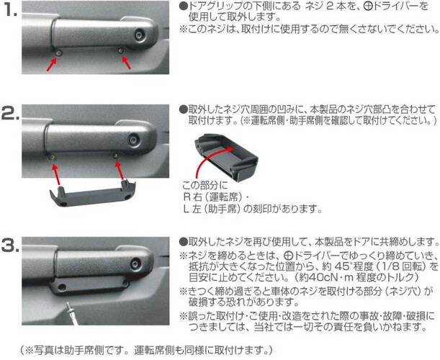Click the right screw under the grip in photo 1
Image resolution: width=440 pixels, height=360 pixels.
point(120,50)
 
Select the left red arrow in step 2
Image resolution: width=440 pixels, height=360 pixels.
point(55,172)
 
